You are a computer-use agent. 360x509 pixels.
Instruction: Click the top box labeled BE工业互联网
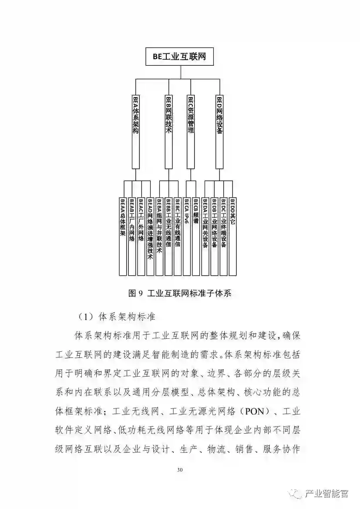pyautogui.click(x=179, y=57)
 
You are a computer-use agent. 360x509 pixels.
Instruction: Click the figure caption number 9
pyautogui.click(x=140, y=293)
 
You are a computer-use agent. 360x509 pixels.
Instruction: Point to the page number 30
pyautogui.click(x=180, y=469)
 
